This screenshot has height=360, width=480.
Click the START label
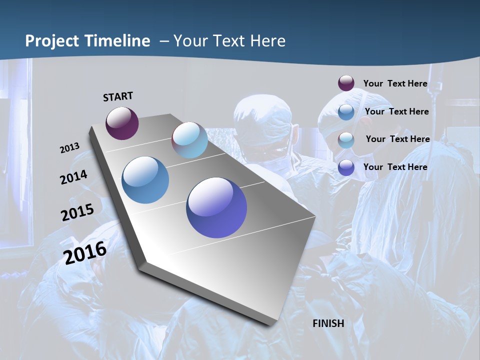click(118, 96)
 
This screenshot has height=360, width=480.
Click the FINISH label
click(328, 323)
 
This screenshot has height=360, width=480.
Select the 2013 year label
click(69, 148)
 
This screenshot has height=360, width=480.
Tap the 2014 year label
click(73, 177)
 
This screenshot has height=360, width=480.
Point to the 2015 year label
click(77, 212)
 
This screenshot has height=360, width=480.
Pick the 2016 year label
click(85, 252)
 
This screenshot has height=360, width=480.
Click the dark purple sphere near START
click(122, 123)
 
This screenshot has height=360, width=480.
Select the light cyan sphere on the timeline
click(189, 140)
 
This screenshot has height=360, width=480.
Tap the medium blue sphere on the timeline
click(145, 180)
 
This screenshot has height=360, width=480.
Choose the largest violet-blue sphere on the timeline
click(216, 207)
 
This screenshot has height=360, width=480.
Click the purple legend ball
click(346, 83)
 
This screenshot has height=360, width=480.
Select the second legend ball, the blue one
click(346, 112)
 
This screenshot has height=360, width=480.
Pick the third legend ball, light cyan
click(346, 140)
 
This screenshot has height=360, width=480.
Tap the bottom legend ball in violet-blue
click(346, 167)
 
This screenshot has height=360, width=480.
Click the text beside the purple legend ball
click(395, 83)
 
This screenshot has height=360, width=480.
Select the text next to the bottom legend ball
click(395, 167)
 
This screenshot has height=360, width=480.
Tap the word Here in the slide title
click(269, 41)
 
